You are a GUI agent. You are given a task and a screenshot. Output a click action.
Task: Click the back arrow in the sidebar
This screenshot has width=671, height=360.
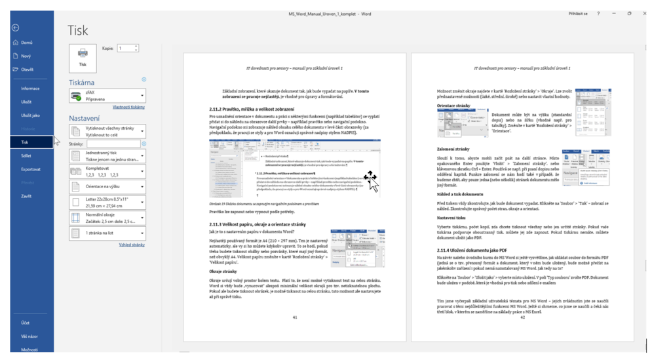pyautogui.click(x=16, y=28)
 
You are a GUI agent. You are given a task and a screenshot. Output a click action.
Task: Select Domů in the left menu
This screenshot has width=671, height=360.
pyautogui.click(x=27, y=43)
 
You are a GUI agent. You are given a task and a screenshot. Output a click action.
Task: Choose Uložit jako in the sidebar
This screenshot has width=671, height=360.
pyautogui.click(x=31, y=115)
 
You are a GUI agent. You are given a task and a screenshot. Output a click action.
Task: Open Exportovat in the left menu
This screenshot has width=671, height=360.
pyautogui.click(x=31, y=169)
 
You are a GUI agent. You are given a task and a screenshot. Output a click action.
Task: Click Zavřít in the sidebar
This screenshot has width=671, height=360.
pyautogui.click(x=26, y=196)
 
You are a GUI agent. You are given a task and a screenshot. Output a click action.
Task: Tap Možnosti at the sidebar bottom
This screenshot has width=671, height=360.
pyautogui.click(x=29, y=350)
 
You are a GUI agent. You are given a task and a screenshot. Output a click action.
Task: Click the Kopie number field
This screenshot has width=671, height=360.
pyautogui.click(x=126, y=49)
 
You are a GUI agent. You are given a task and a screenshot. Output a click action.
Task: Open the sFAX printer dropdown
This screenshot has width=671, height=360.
pyautogui.click(x=107, y=96)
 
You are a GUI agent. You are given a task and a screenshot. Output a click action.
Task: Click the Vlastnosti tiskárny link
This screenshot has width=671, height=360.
pyautogui.click(x=128, y=107)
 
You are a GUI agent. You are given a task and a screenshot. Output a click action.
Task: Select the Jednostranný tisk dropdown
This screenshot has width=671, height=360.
pyautogui.click(x=107, y=156)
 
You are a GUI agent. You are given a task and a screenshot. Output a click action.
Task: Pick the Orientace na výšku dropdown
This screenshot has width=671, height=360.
pyautogui.click(x=107, y=187)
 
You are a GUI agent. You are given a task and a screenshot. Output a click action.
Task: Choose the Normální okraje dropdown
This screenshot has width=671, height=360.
pyautogui.click(x=107, y=218)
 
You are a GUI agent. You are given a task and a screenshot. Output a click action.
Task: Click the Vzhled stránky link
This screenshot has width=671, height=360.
pyautogui.click(x=132, y=245)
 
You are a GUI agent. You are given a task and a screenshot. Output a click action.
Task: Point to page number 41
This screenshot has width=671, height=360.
pyautogui.click(x=295, y=317)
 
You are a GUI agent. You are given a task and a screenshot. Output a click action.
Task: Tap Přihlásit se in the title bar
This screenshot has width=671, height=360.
pyautogui.click(x=578, y=13)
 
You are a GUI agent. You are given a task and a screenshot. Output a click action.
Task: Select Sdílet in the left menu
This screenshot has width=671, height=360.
pyautogui.click(x=28, y=155)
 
